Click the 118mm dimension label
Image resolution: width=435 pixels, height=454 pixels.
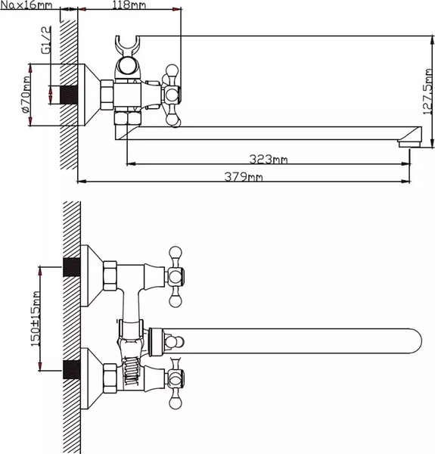(129, 5)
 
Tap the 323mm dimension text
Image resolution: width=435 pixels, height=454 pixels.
(269, 159)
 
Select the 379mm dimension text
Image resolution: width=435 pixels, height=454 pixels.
(244, 176)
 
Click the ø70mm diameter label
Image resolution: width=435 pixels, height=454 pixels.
(25, 95)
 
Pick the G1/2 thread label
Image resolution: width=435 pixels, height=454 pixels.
(46, 39)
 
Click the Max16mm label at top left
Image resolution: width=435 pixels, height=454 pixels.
(26, 5)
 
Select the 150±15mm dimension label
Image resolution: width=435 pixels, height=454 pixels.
(36, 319)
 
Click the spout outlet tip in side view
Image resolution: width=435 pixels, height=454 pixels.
(409, 144)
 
